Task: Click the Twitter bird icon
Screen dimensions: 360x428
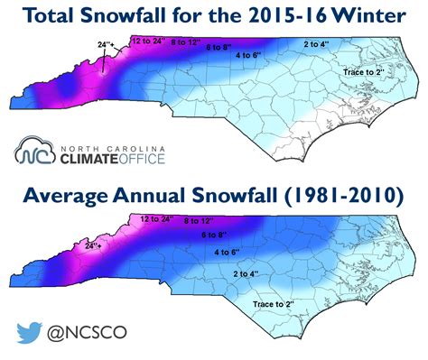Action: (x=30, y=332)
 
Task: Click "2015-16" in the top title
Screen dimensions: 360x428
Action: (x=271, y=14)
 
